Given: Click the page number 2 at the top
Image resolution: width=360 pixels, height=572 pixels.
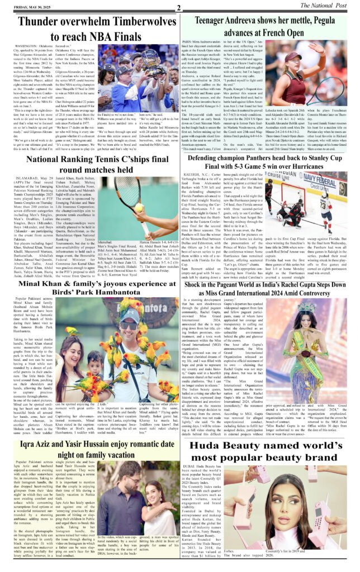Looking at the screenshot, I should (x=178, y=7).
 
